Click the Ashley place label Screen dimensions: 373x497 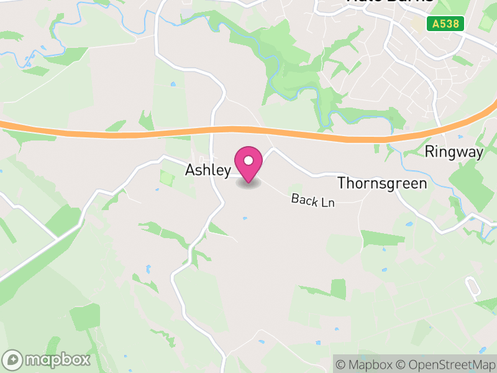click(x=208, y=170)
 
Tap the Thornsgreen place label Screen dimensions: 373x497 click(x=382, y=183)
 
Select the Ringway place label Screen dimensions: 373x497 click(x=454, y=152)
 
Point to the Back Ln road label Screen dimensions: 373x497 click(x=313, y=200)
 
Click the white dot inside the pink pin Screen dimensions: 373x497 click(x=248, y=161)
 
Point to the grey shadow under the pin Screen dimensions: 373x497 click(x=248, y=183)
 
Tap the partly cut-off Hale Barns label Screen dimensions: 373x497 click(x=390, y=2)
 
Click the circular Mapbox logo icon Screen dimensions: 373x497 click(x=13, y=360)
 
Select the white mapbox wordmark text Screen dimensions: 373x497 click(x=57, y=360)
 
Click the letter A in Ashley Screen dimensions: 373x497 click(x=190, y=170)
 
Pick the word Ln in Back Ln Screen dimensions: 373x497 click(x=327, y=202)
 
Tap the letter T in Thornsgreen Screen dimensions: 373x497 click(x=341, y=183)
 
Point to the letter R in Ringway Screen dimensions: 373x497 click(x=429, y=152)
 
